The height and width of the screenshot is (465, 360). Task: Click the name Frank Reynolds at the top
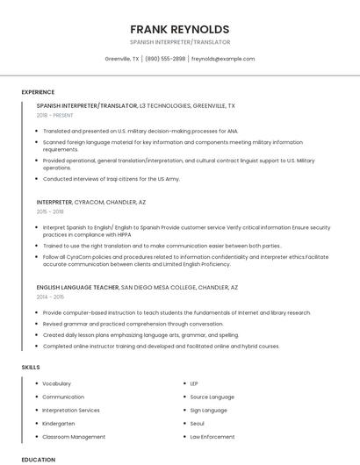click(179, 29)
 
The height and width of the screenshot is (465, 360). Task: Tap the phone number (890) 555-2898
click(165, 59)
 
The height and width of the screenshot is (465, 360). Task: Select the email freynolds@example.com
click(223, 59)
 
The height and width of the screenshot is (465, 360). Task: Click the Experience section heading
click(38, 92)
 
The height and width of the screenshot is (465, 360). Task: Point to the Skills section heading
click(30, 367)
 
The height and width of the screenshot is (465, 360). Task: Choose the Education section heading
click(38, 459)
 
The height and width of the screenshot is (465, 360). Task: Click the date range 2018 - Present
click(56, 115)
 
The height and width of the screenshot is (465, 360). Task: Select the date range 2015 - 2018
click(50, 211)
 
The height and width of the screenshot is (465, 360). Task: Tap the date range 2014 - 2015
click(50, 297)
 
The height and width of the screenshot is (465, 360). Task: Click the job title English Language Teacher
click(77, 287)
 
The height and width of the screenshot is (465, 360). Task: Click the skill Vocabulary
click(56, 383)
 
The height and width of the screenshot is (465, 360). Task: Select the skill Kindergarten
click(58, 423)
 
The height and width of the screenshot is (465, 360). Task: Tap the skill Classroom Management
click(74, 436)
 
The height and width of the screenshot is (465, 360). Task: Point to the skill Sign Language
click(208, 410)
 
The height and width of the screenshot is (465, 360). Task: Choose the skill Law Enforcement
click(212, 436)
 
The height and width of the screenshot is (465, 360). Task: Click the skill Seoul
click(198, 423)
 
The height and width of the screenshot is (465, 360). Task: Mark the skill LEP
click(194, 383)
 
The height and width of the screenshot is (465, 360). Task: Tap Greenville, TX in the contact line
click(121, 59)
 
